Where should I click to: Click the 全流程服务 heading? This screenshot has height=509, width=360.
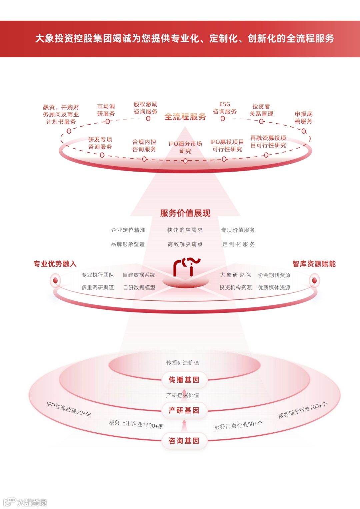(x=185, y=117)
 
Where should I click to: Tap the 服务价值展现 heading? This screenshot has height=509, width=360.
(x=185, y=213)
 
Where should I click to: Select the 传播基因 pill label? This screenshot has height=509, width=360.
(x=184, y=380)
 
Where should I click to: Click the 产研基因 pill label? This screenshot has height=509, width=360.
(x=184, y=410)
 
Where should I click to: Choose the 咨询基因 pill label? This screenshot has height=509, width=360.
(x=184, y=441)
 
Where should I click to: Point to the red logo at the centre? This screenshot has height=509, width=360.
(x=186, y=267)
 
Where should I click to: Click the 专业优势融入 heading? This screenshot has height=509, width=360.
(x=55, y=264)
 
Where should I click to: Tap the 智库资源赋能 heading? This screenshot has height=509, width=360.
(x=314, y=264)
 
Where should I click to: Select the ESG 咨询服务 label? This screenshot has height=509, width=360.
(x=225, y=108)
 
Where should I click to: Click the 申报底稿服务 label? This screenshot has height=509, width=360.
(x=303, y=118)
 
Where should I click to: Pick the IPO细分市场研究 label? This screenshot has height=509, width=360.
(x=185, y=147)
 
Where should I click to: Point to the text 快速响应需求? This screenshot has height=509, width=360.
(x=185, y=230)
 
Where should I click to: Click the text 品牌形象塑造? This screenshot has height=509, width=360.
(x=128, y=244)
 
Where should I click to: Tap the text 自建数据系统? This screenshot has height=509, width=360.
(x=139, y=275)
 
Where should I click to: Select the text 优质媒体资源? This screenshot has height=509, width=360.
(x=274, y=287)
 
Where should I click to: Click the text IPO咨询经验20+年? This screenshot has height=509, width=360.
(x=68, y=409)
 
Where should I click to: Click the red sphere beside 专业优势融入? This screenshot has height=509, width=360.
(x=55, y=280)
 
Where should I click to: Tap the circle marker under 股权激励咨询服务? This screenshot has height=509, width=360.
(x=148, y=119)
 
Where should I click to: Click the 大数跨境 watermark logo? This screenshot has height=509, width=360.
(x=25, y=502)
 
